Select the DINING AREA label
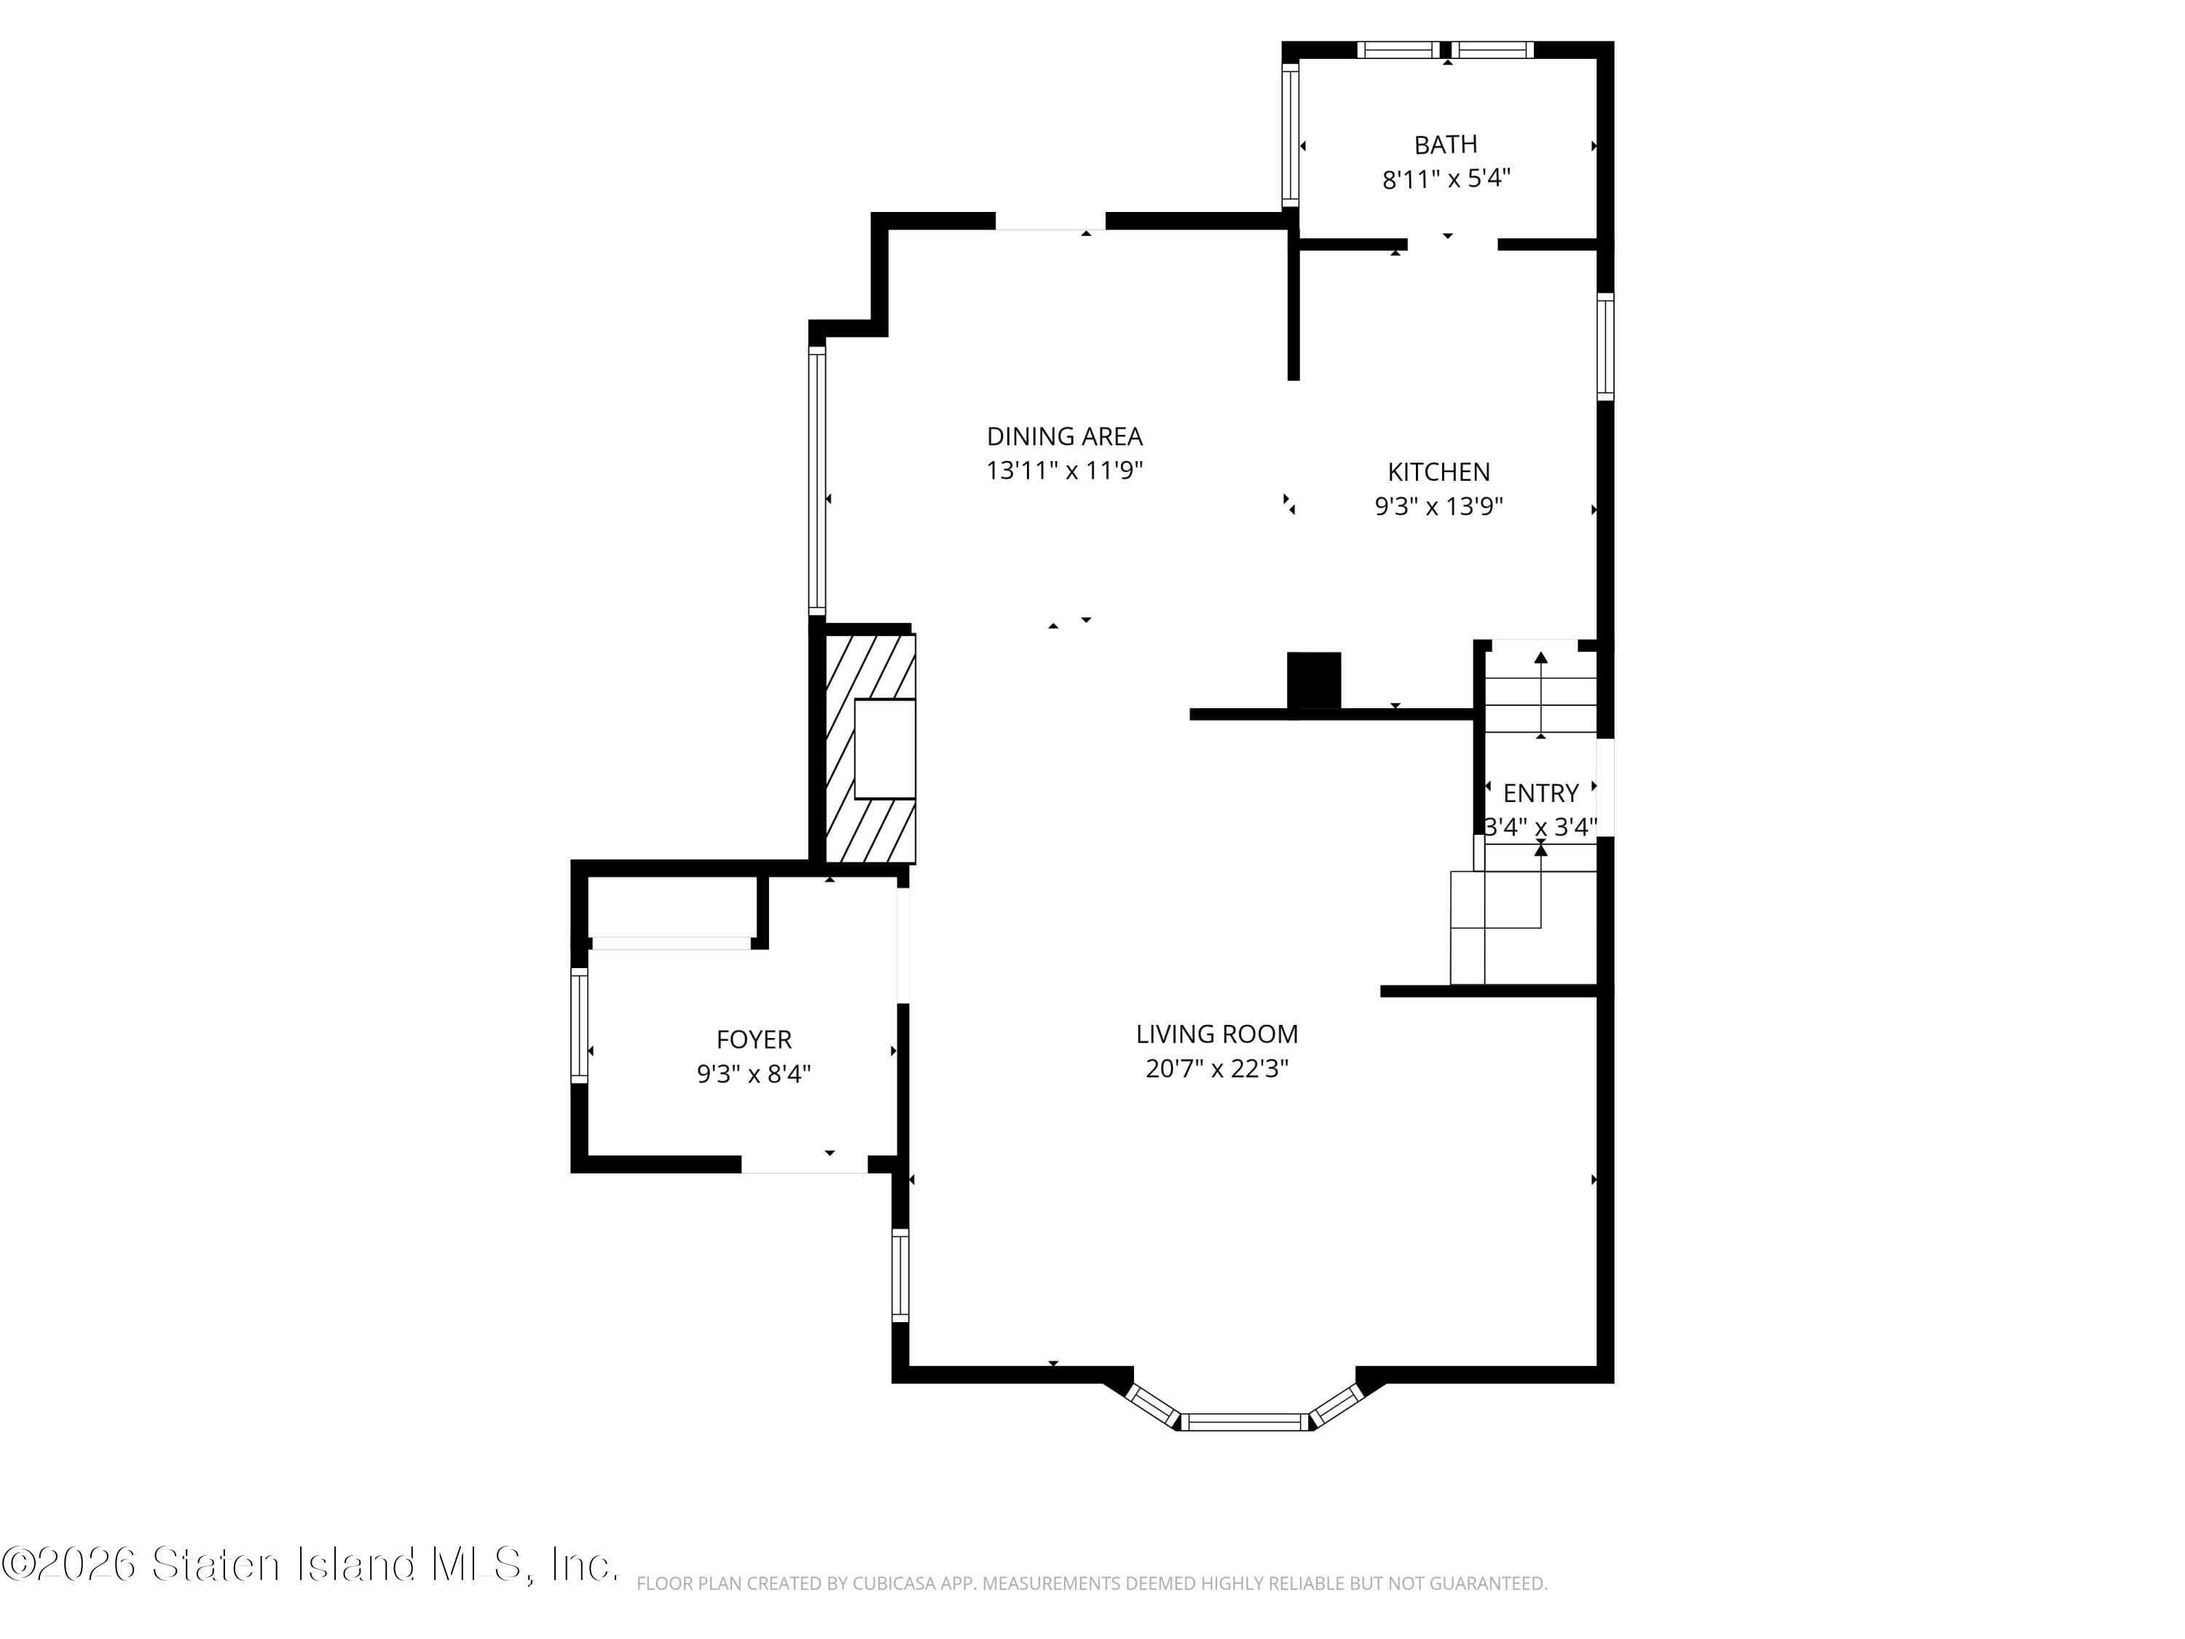tap(1064, 436)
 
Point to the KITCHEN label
tap(1438, 472)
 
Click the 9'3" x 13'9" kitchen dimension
tap(1438, 506)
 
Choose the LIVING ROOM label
tap(1216, 1034)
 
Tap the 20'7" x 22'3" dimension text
tap(1216, 1069)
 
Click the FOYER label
tap(754, 1039)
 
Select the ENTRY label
tap(1540, 793)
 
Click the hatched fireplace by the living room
tap(869, 748)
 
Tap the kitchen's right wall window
tap(1605, 347)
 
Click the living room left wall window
tap(900, 1275)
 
